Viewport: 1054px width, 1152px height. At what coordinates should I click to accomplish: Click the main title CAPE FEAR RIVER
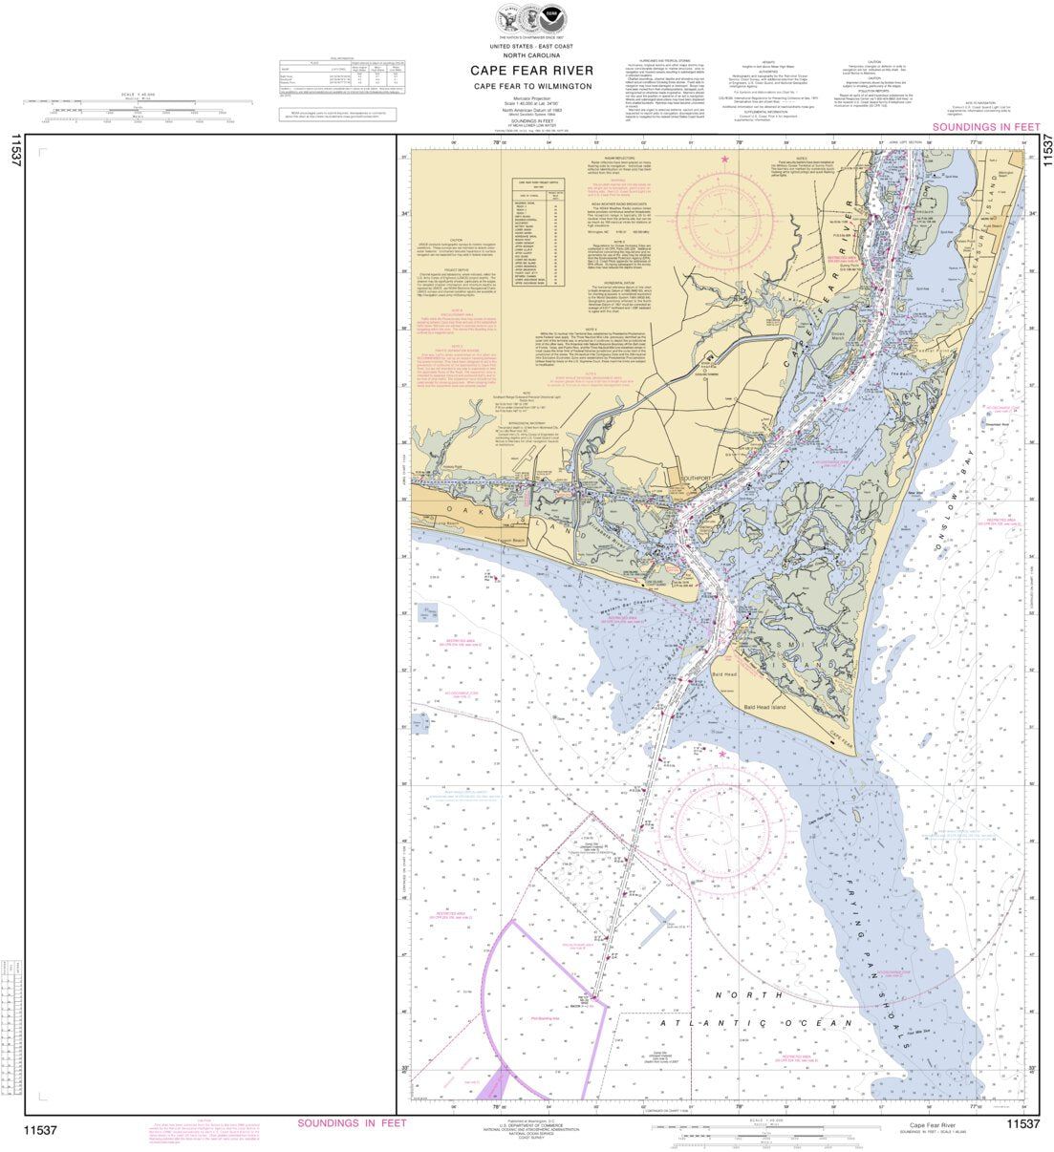[x=531, y=71]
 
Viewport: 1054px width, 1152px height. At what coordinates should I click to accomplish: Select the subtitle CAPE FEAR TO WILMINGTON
[x=531, y=87]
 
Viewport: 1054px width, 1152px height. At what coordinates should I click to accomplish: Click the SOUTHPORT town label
[x=698, y=479]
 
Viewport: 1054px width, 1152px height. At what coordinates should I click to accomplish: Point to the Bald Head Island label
[x=764, y=708]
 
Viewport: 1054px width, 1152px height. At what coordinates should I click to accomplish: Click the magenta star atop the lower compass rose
[x=723, y=755]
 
